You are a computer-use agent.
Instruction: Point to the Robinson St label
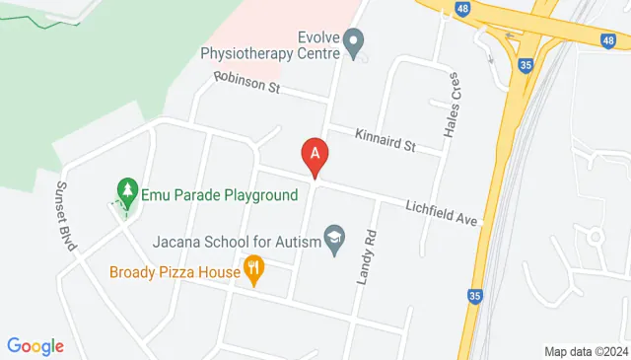coord(248,86)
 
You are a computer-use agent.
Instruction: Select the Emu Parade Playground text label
coord(219,195)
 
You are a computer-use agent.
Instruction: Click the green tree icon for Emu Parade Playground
coord(126,187)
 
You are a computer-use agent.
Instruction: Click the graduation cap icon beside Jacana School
coord(335,239)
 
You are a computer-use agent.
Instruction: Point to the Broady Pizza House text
coord(175,272)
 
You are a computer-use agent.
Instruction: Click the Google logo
coord(35,346)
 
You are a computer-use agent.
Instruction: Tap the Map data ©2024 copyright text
coord(586,351)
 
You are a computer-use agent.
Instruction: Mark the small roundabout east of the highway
coord(595,238)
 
